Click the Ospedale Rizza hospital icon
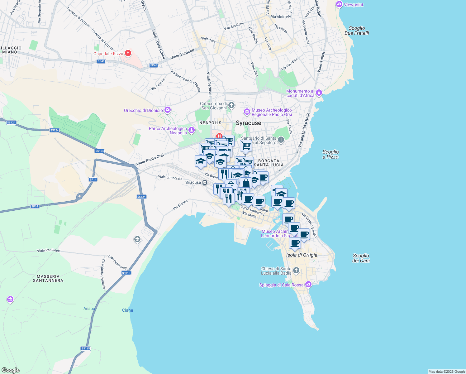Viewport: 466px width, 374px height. (128, 53)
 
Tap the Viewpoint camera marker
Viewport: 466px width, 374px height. (339, 5)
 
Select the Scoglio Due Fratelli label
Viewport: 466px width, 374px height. (357, 31)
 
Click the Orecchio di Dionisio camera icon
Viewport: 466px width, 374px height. (168, 110)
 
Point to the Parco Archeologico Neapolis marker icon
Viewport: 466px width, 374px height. (192, 130)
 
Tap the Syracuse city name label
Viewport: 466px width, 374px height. (248, 123)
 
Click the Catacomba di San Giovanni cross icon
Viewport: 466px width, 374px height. (231, 105)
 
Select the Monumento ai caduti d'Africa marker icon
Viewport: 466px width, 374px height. (319, 93)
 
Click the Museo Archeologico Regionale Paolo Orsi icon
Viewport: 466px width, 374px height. (247, 112)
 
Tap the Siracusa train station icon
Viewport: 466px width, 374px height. (205, 183)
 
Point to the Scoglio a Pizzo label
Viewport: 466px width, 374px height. (330, 154)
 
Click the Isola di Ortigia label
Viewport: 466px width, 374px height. (302, 255)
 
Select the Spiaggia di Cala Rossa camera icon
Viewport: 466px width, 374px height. (308, 284)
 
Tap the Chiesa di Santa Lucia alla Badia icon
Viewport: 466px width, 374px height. (296, 271)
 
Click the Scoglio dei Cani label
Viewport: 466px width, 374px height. (361, 258)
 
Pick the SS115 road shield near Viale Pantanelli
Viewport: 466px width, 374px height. (126, 273)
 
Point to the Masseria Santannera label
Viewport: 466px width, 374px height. (48, 278)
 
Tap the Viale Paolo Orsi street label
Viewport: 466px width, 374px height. (150, 160)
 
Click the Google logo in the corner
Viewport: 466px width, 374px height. (10, 370)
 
